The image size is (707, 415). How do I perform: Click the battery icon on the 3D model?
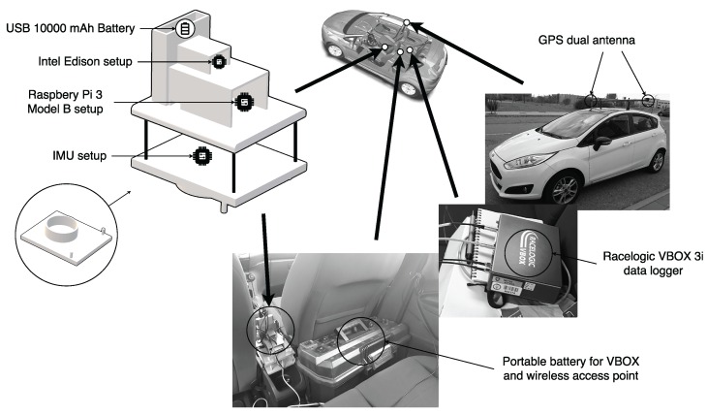coord(183,30)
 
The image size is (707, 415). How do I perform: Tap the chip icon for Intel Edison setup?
coord(220,62)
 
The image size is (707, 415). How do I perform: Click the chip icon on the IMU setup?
coord(202,155)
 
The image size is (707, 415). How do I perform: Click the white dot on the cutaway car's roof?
coord(408,22)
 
